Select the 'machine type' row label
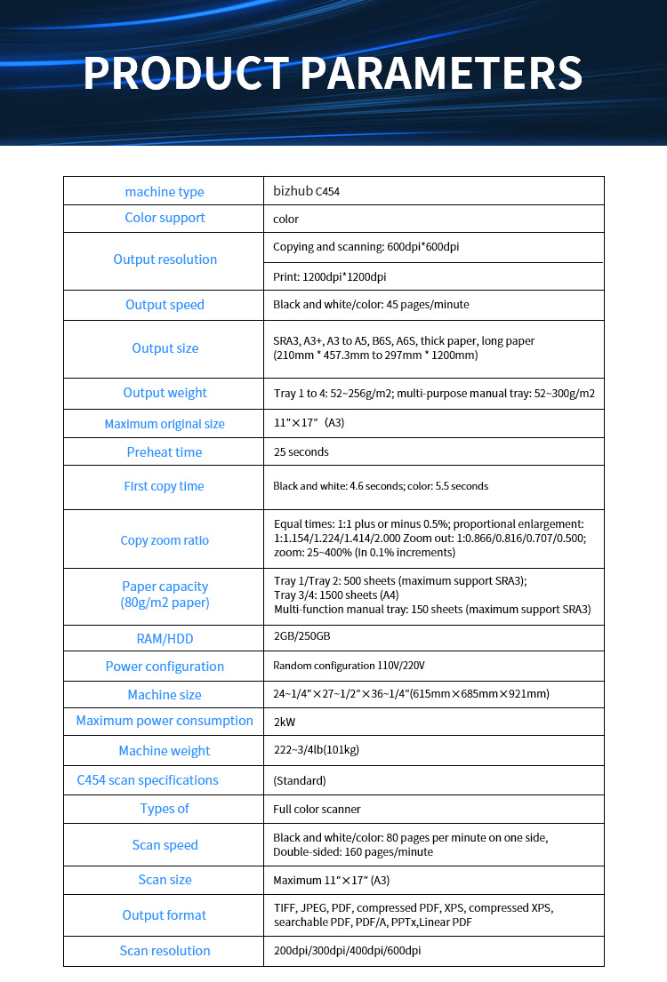point(165,192)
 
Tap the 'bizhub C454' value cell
point(306,191)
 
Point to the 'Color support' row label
point(165,218)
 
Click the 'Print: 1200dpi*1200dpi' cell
point(329,276)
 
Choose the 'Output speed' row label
point(165,305)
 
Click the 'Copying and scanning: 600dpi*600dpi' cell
point(366,246)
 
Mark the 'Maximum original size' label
point(165,424)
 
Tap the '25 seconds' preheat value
point(301,451)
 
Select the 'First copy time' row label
point(165,486)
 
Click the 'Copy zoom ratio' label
point(165,540)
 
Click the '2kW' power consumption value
point(285,722)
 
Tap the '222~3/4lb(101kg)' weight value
point(316,750)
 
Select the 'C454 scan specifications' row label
point(147,780)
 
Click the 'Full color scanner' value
point(317,809)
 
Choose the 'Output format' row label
point(165,915)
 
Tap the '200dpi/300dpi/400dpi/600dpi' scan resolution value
point(347,951)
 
